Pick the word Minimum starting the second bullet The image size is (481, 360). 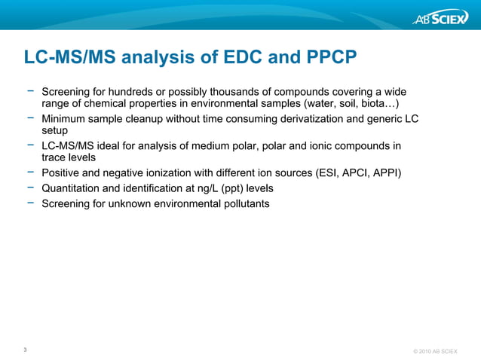[66, 119]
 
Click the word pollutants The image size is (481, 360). [242, 203]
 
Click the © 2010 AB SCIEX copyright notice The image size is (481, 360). [436, 352]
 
